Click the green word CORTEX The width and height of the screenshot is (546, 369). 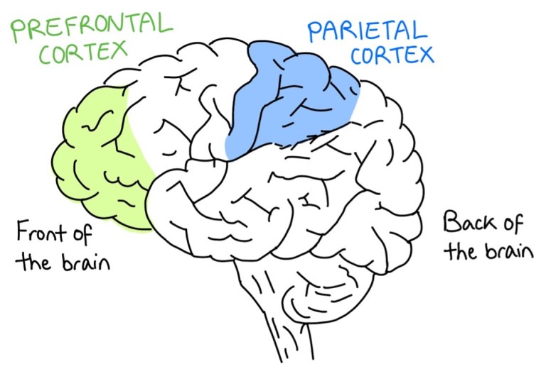pos(83,53)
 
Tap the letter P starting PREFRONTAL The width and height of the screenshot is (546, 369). pos(17,30)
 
